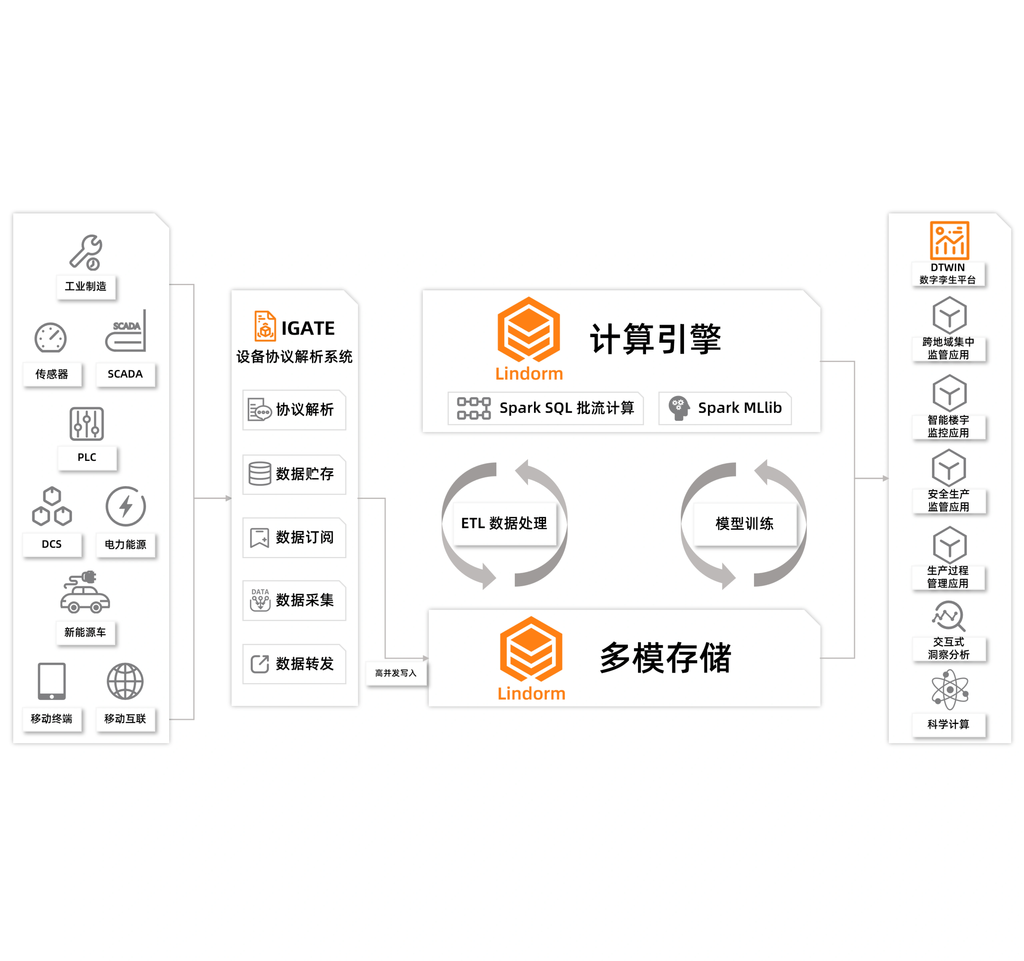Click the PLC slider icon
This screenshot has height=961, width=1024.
[87, 424]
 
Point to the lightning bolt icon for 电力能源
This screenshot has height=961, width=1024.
[126, 506]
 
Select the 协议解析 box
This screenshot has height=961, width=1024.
[294, 410]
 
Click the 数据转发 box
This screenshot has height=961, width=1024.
[294, 664]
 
